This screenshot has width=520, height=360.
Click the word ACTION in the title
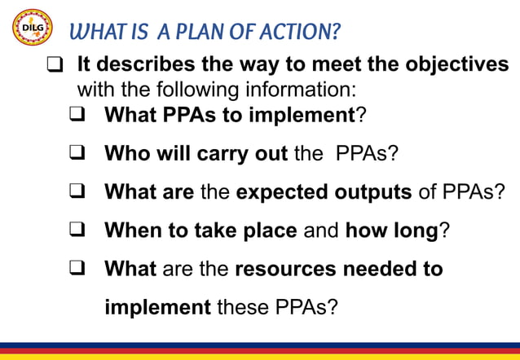(299, 33)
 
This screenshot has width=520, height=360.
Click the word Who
(126, 153)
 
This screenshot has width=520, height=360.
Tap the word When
(133, 230)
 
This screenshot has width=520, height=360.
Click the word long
(416, 230)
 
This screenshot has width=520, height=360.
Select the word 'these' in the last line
(244, 308)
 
